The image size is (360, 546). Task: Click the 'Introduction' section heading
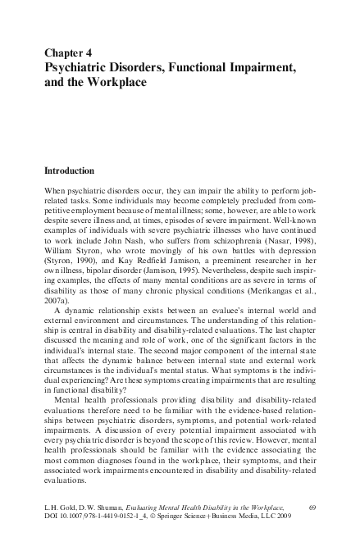pyautogui.click(x=70, y=172)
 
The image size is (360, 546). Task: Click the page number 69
pyautogui.click(x=312, y=510)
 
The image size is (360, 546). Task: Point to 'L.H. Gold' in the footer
pyautogui.click(x=61, y=510)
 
